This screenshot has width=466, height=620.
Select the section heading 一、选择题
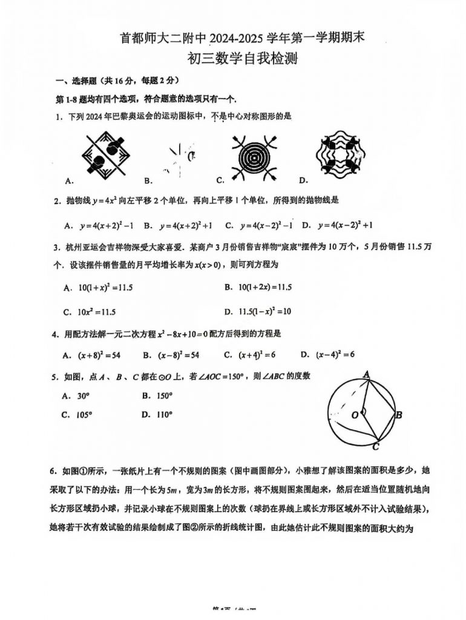[75, 82]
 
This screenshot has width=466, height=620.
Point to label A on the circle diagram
[366, 375]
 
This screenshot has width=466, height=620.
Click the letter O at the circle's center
[355, 415]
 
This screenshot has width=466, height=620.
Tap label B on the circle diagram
[399, 415]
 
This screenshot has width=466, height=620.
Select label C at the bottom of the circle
[375, 447]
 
